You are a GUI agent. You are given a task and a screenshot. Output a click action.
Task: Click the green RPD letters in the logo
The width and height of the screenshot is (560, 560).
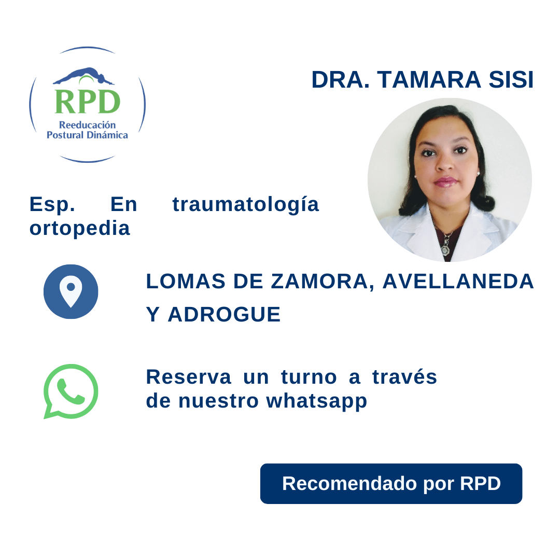[87, 102]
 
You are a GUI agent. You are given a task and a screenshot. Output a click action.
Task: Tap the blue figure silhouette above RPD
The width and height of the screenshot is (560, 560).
[83, 76]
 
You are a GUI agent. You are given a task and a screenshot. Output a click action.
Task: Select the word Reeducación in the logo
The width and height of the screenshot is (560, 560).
[87, 125]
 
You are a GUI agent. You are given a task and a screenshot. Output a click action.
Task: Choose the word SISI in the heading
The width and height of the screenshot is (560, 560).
[511, 80]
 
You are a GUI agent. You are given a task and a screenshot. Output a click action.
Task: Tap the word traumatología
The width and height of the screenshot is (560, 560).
[246, 205]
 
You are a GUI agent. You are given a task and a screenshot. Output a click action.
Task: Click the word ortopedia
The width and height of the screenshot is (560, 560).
[79, 228]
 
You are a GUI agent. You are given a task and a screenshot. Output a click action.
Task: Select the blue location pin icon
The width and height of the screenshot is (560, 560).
[71, 291]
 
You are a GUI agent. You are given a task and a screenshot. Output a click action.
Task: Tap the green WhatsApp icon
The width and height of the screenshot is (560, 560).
[71, 391]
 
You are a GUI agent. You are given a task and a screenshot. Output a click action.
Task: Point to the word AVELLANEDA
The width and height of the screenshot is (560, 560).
[458, 282]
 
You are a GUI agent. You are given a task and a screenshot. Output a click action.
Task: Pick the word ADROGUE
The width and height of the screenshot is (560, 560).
[224, 315]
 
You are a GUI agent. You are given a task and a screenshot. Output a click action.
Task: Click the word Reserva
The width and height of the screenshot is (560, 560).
[188, 377]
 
